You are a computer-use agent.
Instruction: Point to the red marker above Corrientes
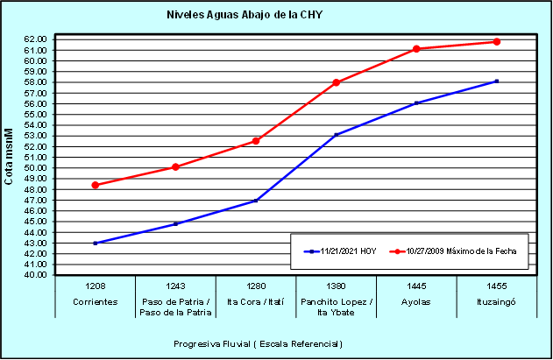tap(95, 185)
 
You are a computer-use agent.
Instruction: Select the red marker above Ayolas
tap(416, 49)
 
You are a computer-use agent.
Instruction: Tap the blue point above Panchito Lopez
tap(337, 135)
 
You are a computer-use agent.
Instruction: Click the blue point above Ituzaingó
tap(497, 81)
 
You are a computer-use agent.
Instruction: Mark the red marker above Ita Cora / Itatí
tap(256, 140)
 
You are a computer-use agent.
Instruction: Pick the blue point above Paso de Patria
tap(175, 223)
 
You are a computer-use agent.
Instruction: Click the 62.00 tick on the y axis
tap(35, 39)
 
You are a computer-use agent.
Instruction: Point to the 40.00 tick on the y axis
tap(35, 275)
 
